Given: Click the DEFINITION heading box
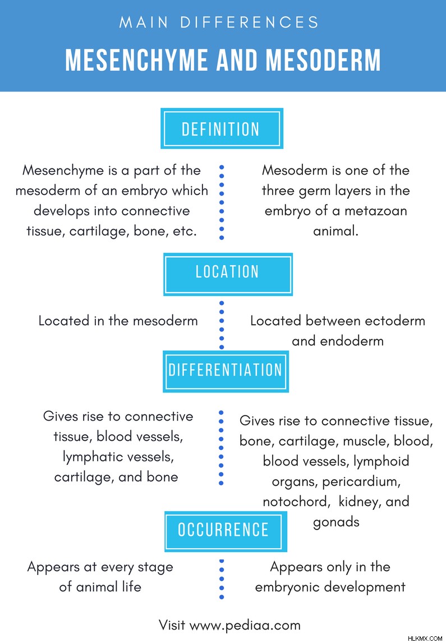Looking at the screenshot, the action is click(222, 129).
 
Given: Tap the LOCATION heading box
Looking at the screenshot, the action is click(228, 275).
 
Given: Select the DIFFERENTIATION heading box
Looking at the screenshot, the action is click(226, 372).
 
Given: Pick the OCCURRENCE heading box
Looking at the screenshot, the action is click(226, 531).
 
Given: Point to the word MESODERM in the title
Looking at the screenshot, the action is click(323, 60).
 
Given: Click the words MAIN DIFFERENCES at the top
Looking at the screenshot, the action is click(219, 22).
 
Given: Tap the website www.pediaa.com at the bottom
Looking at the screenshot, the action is click(245, 626).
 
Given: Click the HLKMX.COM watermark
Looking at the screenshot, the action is click(425, 638).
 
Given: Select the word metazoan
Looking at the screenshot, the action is click(375, 211).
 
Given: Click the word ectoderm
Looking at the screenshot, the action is click(395, 321).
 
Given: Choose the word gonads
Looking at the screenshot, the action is click(336, 522).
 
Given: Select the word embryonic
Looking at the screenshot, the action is click(287, 587).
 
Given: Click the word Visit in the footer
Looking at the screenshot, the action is click(172, 625).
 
